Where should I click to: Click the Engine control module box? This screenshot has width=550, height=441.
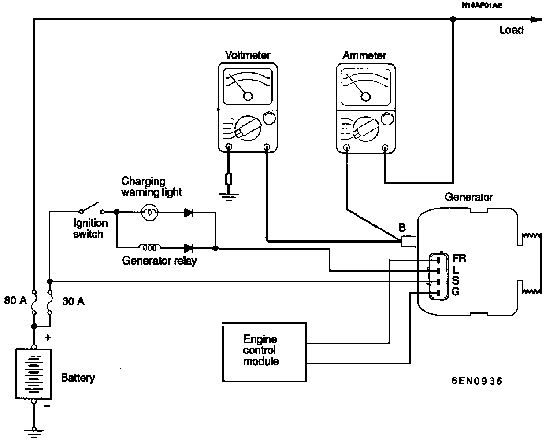264,351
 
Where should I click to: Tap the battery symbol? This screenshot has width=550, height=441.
33,374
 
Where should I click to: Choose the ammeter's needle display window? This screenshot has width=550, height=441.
365,89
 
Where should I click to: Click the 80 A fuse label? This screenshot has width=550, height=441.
15,301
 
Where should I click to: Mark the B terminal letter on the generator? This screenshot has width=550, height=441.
402,228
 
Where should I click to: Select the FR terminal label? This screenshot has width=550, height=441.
459,258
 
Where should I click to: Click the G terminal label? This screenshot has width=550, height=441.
456,291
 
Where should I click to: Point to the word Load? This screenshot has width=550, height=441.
511,30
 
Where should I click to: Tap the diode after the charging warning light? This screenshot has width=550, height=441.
189,213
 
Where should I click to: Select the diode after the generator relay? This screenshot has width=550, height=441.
189,248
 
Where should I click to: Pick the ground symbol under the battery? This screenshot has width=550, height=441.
33,431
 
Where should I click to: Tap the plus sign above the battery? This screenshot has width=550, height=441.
48,338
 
